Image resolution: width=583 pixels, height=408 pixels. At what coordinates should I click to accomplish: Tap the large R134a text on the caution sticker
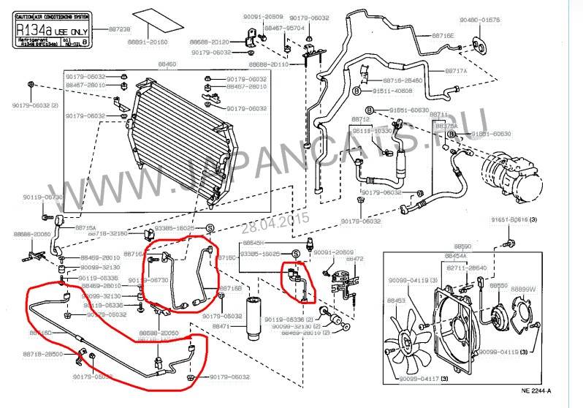[x=34, y=31]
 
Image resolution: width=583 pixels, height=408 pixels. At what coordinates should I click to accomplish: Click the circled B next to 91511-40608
[x=357, y=91]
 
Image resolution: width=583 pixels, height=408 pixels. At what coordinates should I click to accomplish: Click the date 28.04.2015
[x=287, y=218]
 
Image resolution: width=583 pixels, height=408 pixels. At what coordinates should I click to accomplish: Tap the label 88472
[x=354, y=258]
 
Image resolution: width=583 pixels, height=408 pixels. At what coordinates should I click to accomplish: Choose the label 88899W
[x=523, y=289]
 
